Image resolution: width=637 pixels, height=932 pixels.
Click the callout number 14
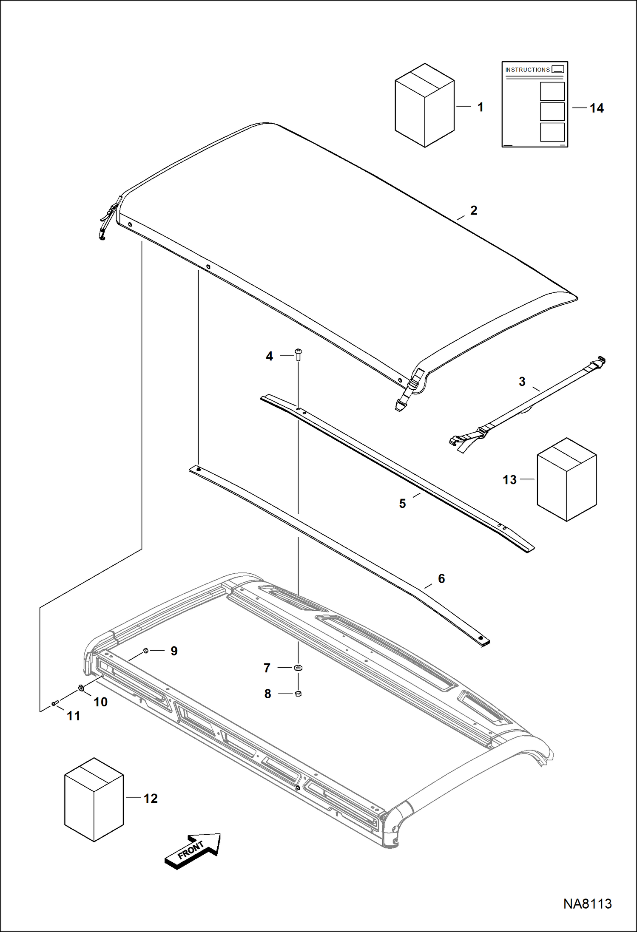[x=596, y=108]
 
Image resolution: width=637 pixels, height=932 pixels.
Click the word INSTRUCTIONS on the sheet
[x=527, y=70]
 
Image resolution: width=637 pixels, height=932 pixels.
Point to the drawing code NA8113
[x=587, y=904]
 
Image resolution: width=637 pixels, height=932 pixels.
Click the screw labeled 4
[x=299, y=354]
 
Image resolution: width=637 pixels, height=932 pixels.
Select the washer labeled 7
[x=299, y=668]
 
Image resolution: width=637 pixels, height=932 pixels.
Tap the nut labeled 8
[x=298, y=694]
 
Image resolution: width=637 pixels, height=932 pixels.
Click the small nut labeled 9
[x=146, y=650]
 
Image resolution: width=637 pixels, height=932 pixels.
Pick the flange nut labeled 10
[x=81, y=688]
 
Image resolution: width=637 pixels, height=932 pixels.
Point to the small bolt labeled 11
[x=54, y=703]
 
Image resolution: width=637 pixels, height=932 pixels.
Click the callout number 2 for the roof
[x=474, y=210]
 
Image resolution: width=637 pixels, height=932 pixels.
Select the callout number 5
[x=402, y=504]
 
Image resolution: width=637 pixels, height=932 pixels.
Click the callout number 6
[x=441, y=578]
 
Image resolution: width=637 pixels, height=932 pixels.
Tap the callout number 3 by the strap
[x=522, y=382]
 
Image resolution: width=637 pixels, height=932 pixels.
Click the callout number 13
[x=509, y=480]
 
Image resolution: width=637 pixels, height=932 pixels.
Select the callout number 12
[x=151, y=799]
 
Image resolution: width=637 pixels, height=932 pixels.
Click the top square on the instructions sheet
[x=552, y=91]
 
